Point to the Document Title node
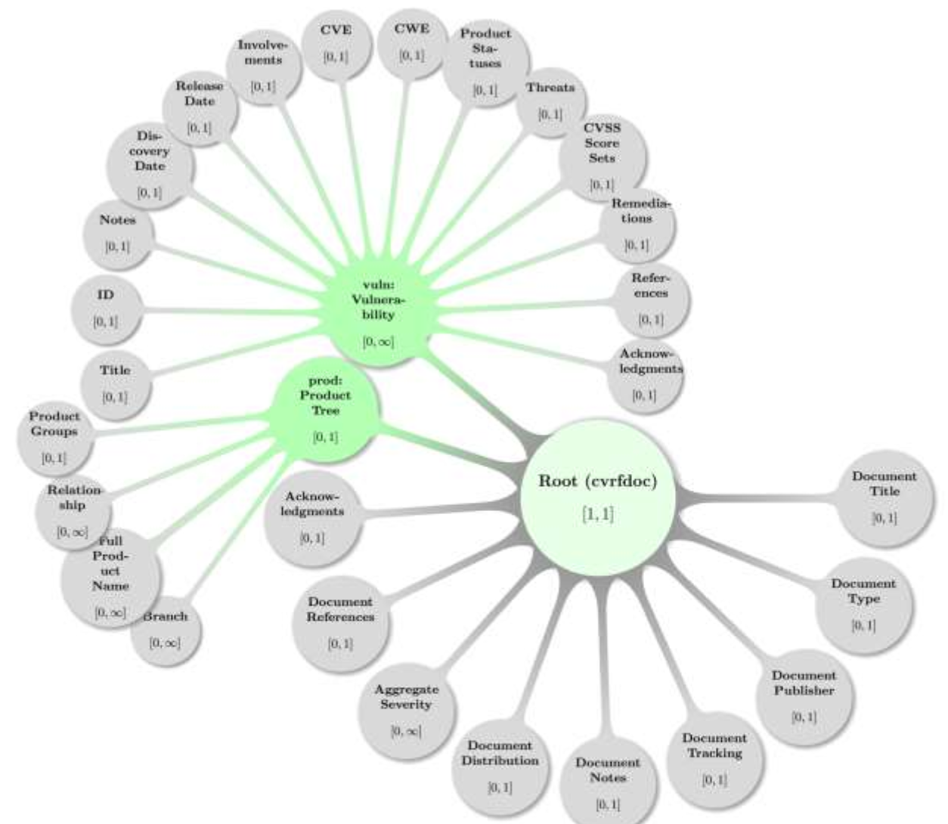(884, 497)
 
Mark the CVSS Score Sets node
(602, 156)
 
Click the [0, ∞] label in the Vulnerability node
(378, 342)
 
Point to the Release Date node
(200, 107)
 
